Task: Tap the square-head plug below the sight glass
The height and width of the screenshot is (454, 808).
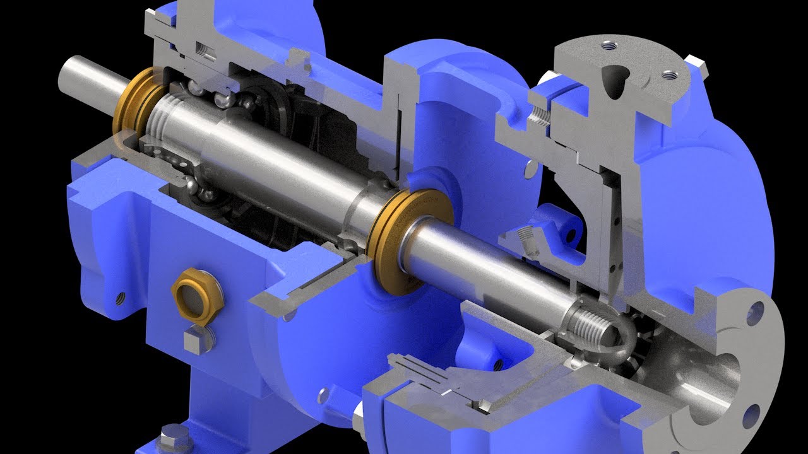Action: (x=193, y=341)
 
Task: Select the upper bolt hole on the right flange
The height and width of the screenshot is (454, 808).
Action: (x=754, y=313)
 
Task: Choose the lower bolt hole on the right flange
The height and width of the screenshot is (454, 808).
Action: (x=751, y=417)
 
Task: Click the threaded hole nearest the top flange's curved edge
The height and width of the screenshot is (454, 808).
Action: (x=609, y=45)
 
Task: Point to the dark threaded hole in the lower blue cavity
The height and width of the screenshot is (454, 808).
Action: (x=499, y=364)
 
